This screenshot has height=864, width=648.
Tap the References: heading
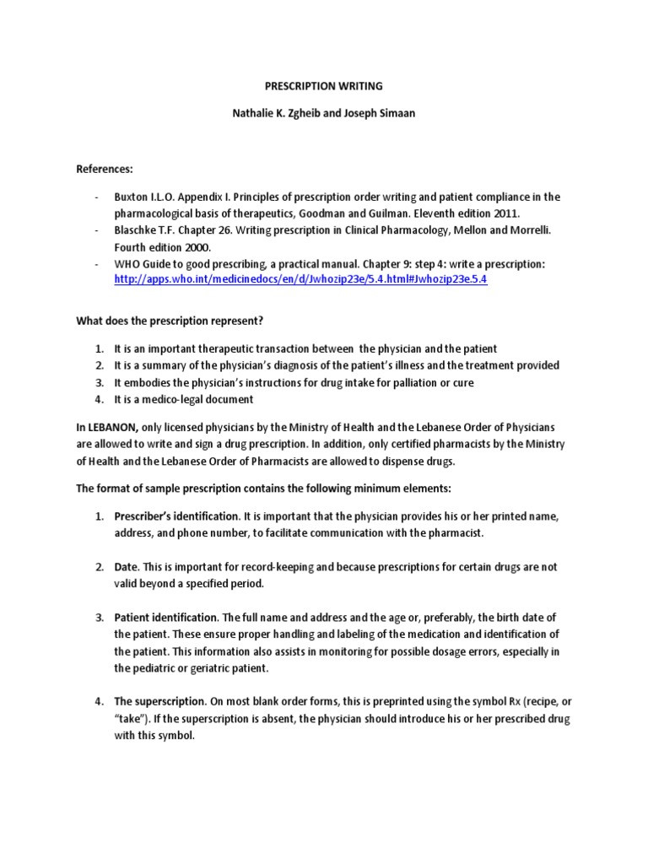click(105, 169)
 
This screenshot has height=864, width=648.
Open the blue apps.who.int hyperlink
click(300, 279)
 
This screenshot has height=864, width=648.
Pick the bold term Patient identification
click(166, 618)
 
